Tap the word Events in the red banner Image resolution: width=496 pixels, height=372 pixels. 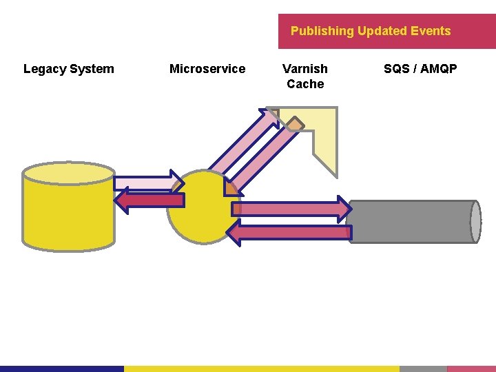coord(431,31)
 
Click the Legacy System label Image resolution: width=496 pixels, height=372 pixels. coord(69,69)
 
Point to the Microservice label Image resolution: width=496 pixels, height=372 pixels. coord(207,69)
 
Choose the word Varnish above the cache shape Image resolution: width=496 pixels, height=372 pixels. coord(305,69)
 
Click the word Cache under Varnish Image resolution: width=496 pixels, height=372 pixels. coord(305,84)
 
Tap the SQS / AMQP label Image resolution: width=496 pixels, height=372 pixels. coord(420,69)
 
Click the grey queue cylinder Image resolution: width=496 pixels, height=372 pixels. coord(413,222)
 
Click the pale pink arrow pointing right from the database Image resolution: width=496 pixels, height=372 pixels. coord(145,183)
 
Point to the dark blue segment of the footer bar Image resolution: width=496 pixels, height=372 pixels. coord(62,369)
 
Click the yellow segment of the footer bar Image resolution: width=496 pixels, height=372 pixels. coord(262,369)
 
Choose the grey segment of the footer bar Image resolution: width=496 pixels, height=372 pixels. coord(423,369)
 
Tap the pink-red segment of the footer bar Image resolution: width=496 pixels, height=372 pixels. coord(471,369)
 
